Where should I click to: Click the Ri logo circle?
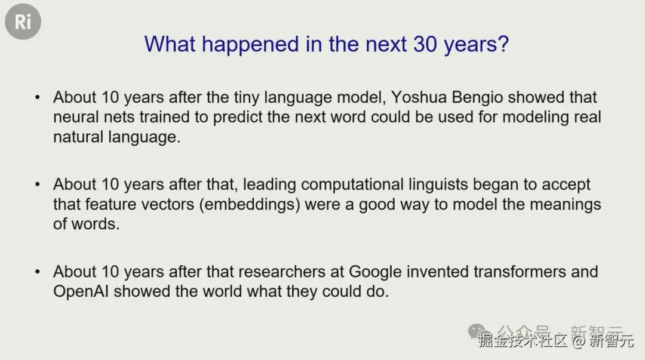(x=23, y=22)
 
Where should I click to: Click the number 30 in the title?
(x=425, y=44)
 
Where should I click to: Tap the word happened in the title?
(x=250, y=45)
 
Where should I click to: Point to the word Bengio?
(x=477, y=98)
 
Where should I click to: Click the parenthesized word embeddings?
(x=250, y=205)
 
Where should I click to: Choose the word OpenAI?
(x=81, y=292)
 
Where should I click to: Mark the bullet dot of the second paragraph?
(x=38, y=184)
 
